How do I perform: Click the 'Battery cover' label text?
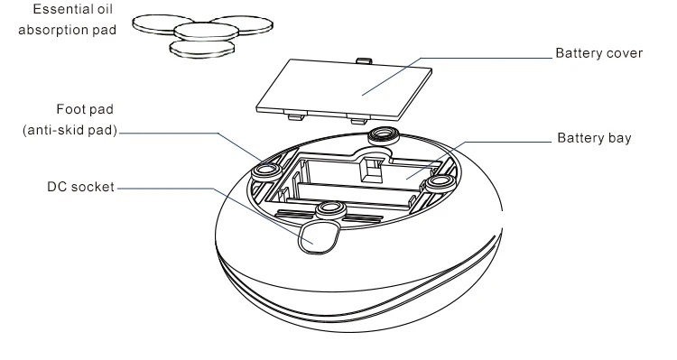click(598, 53)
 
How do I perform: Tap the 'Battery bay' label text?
click(594, 138)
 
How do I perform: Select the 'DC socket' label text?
click(80, 187)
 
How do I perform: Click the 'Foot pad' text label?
click(85, 109)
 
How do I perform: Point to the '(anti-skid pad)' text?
click(70, 130)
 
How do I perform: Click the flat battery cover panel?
click(344, 90)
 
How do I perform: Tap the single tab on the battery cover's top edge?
click(364, 60)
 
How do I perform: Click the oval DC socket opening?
click(318, 235)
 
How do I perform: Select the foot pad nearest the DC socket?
click(331, 210)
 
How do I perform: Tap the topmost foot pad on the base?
click(383, 135)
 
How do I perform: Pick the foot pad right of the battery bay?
click(441, 183)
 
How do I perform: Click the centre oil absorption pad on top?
click(207, 31)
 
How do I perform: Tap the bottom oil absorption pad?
click(201, 49)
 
